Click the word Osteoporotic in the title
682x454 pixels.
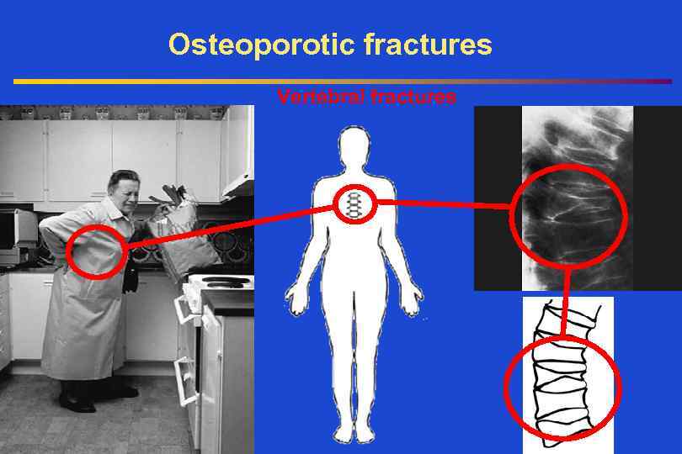(x=262, y=45)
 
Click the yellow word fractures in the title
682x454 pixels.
(x=429, y=45)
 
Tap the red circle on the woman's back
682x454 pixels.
(x=96, y=251)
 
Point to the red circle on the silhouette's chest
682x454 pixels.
(x=354, y=203)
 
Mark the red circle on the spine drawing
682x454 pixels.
(x=562, y=388)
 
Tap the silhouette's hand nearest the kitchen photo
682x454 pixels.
(x=295, y=303)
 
